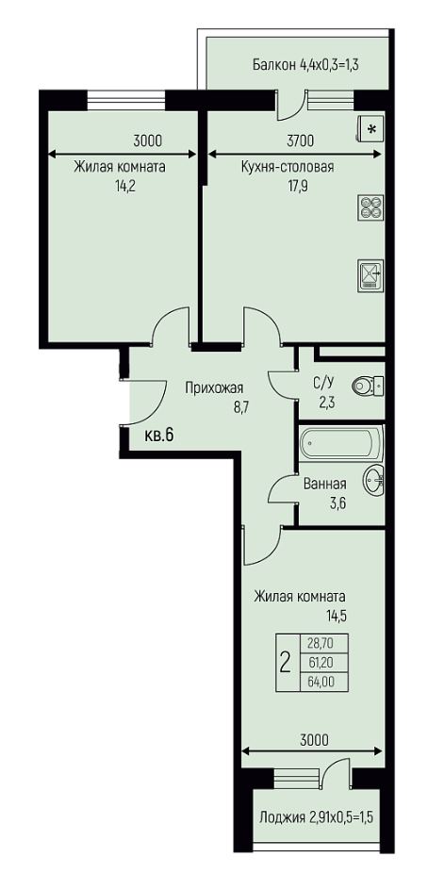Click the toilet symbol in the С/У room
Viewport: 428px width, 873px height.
tap(368, 385)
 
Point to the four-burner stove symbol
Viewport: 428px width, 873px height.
tap(369, 207)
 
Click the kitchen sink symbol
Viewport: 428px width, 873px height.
tap(369, 274)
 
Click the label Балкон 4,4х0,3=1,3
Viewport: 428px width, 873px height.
tap(305, 65)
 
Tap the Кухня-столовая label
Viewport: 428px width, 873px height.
tap(288, 167)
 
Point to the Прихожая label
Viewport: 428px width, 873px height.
tap(214, 387)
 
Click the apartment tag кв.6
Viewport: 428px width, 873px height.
tap(159, 436)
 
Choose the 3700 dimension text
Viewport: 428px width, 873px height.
tap(301, 140)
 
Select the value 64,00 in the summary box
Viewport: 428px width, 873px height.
tap(321, 682)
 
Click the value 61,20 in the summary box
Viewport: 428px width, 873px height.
tap(321, 662)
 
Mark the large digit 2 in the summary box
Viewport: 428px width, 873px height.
tap(286, 663)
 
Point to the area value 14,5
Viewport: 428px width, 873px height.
tap(337, 617)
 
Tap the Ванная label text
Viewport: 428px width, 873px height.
tap(325, 484)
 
